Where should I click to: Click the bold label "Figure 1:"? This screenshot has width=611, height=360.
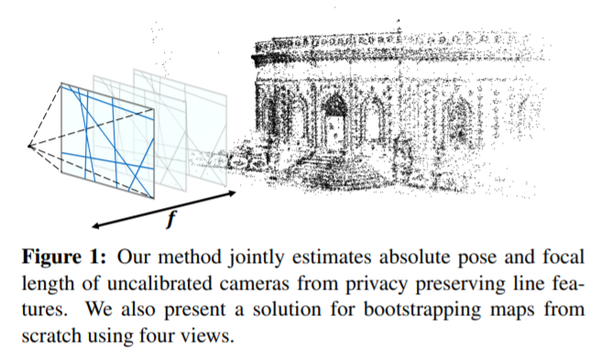pyautogui.click(x=64, y=257)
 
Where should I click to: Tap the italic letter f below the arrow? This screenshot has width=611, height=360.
pyautogui.click(x=171, y=218)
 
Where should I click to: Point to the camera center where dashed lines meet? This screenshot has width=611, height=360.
pyautogui.click(x=29, y=146)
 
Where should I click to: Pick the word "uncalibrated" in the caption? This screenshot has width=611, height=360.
pyautogui.click(x=159, y=284)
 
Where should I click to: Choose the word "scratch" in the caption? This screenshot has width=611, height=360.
pyautogui.click(x=52, y=335)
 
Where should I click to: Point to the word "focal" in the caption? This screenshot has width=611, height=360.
pyautogui.click(x=563, y=257)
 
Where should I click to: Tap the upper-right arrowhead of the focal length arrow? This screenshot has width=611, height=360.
pyautogui.click(x=233, y=192)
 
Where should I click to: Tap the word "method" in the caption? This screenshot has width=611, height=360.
pyautogui.click(x=190, y=257)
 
